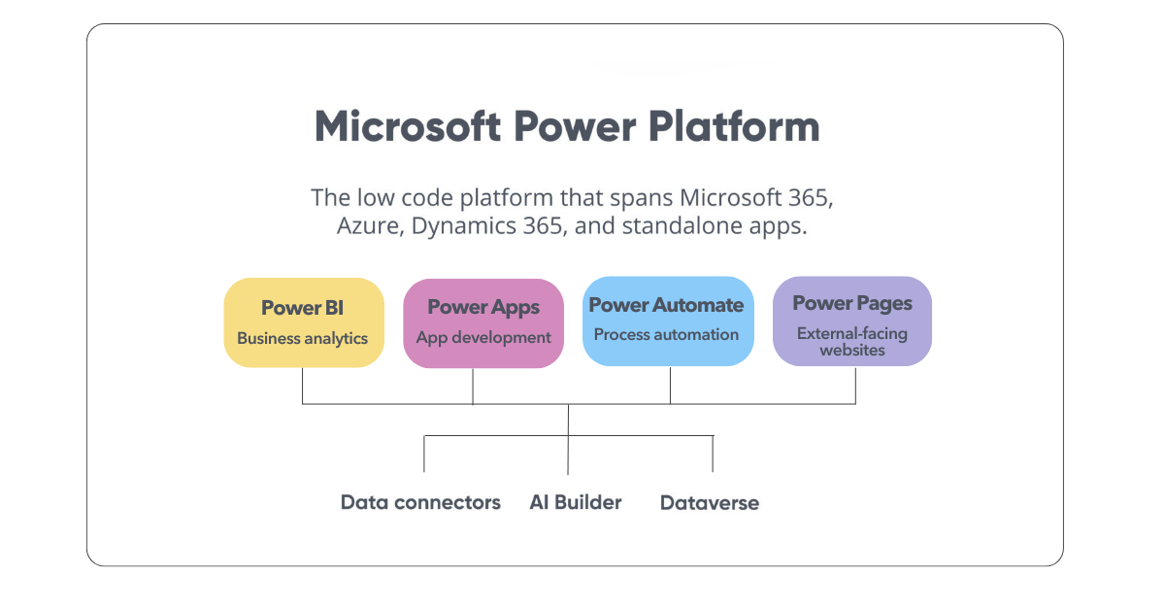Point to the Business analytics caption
303,339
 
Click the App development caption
483,338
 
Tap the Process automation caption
666,334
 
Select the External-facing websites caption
852,341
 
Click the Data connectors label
420,502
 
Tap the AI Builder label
576,502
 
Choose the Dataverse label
710,503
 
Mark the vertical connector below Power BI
303,386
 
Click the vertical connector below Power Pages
855,385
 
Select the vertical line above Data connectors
424,454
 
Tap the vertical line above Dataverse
714,454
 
